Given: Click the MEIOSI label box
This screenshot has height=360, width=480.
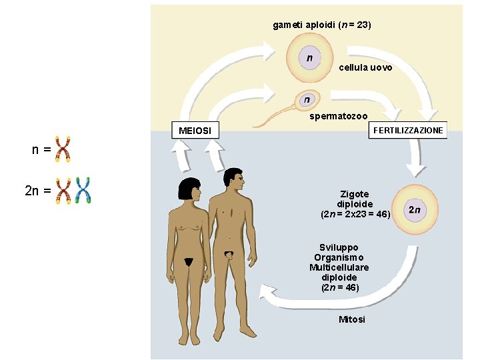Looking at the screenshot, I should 195,131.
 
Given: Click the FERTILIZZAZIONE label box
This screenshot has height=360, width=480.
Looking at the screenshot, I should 407,130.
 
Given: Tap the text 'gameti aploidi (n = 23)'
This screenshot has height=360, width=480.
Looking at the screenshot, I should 322,25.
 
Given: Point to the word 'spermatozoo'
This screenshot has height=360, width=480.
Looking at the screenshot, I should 338,117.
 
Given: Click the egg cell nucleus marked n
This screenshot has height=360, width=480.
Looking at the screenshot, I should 310,58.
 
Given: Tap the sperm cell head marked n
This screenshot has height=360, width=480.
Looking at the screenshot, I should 306,100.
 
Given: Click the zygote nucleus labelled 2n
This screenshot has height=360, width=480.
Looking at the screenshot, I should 414,210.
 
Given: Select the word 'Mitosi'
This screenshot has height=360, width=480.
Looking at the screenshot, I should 352,319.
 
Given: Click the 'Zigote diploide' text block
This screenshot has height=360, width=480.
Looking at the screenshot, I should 355,204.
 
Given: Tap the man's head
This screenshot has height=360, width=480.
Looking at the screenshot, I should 233,179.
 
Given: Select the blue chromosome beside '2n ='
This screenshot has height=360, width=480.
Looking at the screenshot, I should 83,190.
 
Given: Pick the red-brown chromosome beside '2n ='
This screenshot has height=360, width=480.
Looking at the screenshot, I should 65,190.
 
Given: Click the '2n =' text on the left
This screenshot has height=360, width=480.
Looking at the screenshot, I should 37,191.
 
